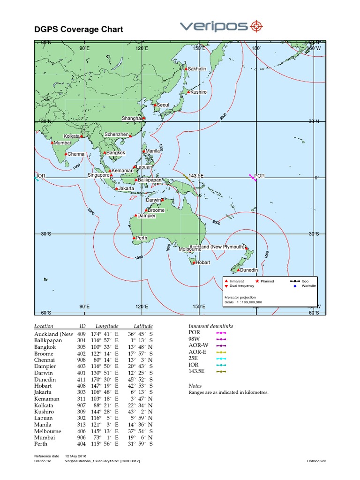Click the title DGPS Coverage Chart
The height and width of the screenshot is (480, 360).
coord(79,30)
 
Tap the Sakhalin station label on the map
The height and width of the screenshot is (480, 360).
coord(197,69)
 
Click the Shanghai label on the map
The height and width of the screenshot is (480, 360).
coord(132,118)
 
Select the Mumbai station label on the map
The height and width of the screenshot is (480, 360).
coord(62,142)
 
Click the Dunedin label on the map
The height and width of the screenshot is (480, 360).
coord(248,270)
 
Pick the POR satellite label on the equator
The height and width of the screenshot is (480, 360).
coord(260,176)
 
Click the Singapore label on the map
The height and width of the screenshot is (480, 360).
coord(98,175)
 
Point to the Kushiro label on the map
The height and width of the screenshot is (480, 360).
coord(199,92)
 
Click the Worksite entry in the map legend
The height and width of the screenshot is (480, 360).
coord(309,285)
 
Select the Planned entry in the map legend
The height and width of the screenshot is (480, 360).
coord(268,281)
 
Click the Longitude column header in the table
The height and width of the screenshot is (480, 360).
coord(107,326)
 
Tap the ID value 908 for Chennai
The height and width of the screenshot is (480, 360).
coord(82,360)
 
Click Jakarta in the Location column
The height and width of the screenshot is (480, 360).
coord(43,392)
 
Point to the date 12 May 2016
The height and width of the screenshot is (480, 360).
coord(76,456)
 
